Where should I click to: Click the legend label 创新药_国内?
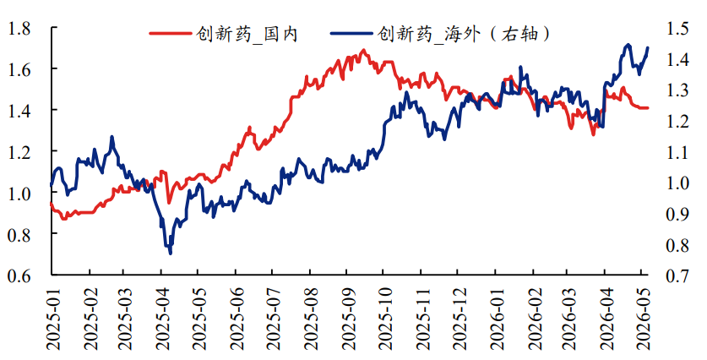247,34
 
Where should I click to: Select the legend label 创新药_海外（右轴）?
464,34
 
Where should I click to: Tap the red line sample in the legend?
171,34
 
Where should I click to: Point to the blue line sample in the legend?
351,34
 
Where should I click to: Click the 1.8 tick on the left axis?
19,29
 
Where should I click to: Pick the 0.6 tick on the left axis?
19,275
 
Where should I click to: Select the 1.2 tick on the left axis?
19,151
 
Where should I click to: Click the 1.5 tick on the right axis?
677,29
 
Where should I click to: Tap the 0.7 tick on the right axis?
677,275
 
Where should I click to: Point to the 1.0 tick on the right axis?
677,183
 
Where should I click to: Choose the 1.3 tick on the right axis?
677,90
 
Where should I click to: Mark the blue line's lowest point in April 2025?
170,254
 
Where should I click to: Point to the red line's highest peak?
363,50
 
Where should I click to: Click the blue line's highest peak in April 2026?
628,45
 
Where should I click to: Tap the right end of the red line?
648,108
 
